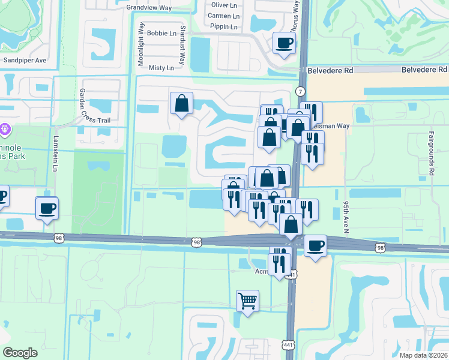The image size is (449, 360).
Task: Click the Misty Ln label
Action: point(161,68)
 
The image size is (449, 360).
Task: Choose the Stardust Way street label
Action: point(182,45)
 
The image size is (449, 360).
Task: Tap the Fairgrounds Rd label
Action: point(432,154)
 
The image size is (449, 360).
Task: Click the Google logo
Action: point(20,353)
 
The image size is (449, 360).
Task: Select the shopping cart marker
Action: point(247,300)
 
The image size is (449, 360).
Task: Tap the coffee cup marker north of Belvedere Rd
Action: point(284,43)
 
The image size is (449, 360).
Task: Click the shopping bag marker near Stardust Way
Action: point(181,103)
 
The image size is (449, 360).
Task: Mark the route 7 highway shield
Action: point(301,91)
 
